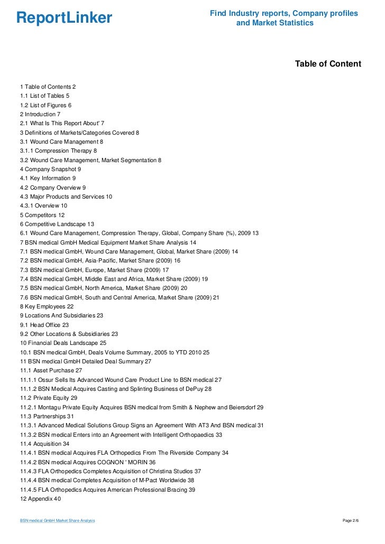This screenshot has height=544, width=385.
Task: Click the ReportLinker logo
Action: coord(65,18)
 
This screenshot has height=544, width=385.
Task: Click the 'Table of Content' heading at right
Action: coord(328,64)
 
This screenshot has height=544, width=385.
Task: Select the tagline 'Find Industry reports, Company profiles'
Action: coord(284,13)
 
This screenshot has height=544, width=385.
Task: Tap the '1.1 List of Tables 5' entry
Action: coord(44,96)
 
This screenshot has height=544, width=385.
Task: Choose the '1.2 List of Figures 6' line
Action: coord(45,105)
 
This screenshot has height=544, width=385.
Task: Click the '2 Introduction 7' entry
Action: coord(40,114)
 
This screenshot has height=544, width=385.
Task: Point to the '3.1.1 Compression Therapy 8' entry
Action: coord(58,151)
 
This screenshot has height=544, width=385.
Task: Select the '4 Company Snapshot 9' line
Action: coord(50,169)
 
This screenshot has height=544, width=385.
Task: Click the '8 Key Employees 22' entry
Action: coord(47,306)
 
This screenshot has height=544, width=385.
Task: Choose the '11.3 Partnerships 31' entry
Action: coord(47,416)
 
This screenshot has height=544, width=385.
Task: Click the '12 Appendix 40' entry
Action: coord(41,499)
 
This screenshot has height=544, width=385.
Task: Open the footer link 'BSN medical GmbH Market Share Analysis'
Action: coord(57,521)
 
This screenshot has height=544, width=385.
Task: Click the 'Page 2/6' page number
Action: coord(351,521)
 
